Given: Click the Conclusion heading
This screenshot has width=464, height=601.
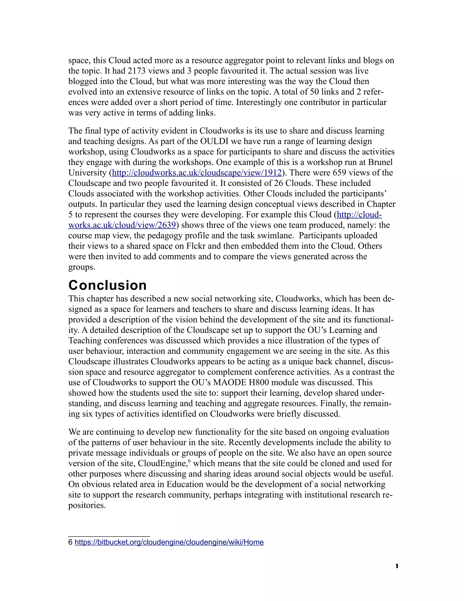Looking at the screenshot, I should (x=107, y=285).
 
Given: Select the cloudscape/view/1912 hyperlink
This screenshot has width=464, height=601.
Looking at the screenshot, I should (x=197, y=173).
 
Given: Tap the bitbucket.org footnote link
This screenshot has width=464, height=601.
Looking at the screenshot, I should (x=169, y=542).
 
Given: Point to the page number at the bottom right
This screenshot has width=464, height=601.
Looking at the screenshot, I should (x=397, y=566).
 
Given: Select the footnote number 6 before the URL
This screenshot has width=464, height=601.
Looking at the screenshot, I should (x=70, y=542).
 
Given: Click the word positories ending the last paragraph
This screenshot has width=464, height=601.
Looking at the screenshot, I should (x=87, y=505).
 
